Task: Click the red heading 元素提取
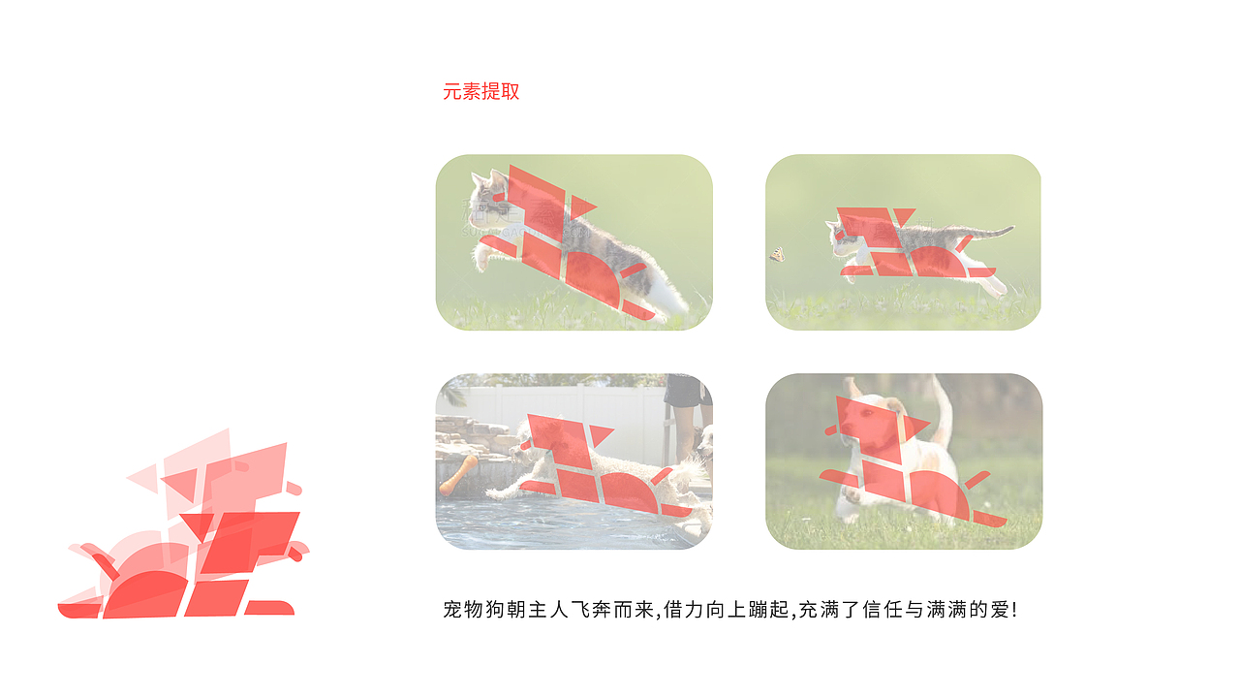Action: click(x=481, y=92)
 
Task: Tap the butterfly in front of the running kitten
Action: click(x=777, y=254)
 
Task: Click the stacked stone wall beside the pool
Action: click(x=471, y=435)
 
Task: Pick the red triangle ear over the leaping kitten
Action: click(x=581, y=206)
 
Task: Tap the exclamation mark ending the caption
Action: click(x=1013, y=610)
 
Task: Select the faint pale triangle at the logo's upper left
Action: click(x=144, y=475)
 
